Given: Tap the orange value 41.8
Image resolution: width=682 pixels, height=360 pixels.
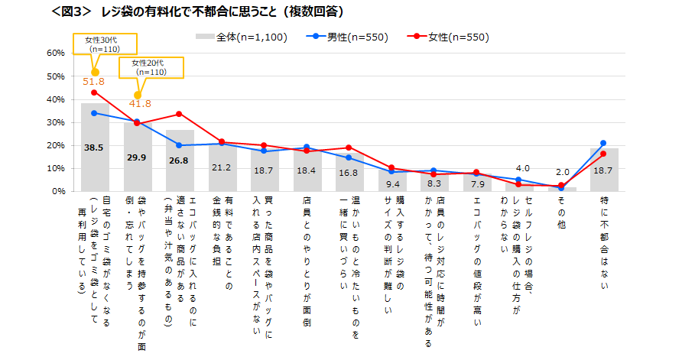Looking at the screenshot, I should (138, 104).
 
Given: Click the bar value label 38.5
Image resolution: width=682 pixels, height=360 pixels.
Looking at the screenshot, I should (94, 148).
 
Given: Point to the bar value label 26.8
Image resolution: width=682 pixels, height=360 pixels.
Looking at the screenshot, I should (180, 161).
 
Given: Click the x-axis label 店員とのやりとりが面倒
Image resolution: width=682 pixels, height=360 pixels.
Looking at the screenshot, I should (306, 253).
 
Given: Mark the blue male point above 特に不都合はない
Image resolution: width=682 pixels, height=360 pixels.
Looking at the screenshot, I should (603, 143).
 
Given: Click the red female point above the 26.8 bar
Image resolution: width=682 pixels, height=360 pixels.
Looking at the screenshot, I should (179, 114).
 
